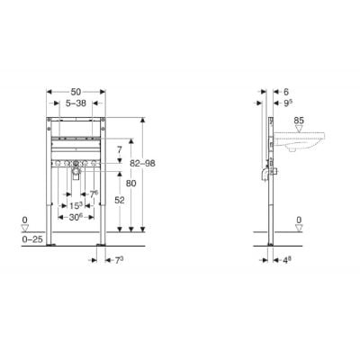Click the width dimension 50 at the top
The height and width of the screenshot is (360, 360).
(x=78, y=93)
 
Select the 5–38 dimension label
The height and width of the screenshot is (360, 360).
(x=78, y=103)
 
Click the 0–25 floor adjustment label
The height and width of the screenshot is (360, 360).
(x=31, y=239)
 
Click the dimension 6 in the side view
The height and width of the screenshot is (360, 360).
(x=286, y=93)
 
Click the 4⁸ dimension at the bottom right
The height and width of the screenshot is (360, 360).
(x=285, y=262)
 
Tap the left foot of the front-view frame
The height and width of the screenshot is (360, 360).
(x=53, y=240)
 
